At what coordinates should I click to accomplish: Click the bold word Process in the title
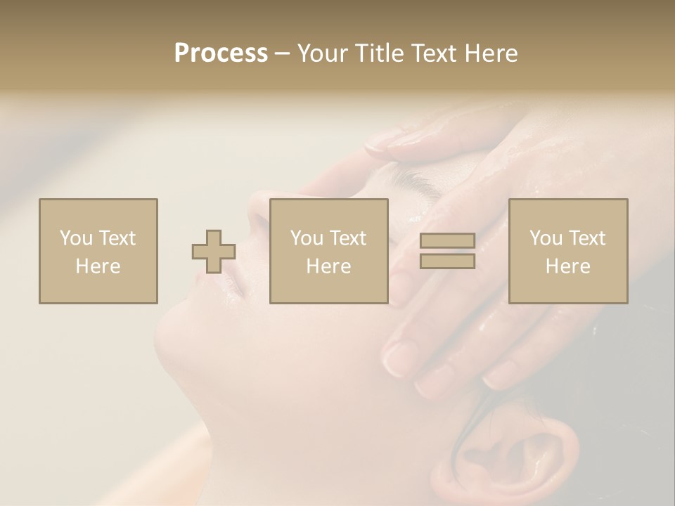pos(221,53)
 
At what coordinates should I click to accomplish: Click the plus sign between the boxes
pos(214,252)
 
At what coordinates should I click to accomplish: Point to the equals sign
pos(447,252)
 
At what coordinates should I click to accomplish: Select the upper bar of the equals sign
pos(447,241)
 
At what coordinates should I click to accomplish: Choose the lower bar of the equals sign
pos(447,261)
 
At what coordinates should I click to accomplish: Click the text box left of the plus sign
pos(98,252)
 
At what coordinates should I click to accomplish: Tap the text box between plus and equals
pos(329,252)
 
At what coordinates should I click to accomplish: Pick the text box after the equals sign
pos(568,252)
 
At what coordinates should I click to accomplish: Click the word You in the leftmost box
pos(75,238)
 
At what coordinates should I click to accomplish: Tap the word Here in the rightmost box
pos(568,266)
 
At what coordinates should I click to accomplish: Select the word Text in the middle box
pos(347,238)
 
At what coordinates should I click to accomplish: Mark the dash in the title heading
pos(283,53)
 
